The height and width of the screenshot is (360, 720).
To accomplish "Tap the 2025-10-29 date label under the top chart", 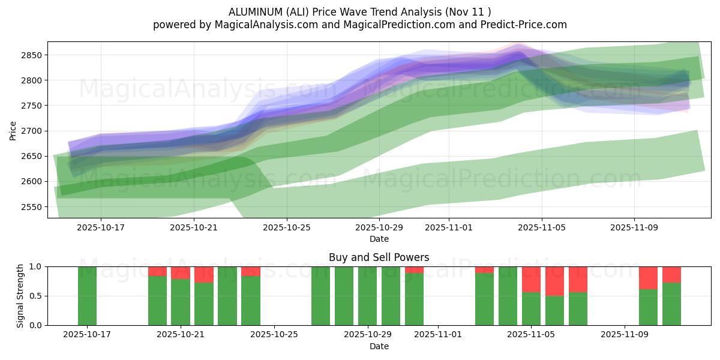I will coord(379,227).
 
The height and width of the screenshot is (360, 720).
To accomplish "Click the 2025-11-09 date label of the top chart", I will coord(635,227).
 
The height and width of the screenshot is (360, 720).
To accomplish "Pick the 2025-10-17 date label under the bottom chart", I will coord(87,335).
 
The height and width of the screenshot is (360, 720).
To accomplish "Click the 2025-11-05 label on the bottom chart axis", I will coord(531,335).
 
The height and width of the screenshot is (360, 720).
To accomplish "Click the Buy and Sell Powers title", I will coord(379,257).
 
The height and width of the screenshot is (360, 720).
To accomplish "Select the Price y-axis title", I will coord(13,130).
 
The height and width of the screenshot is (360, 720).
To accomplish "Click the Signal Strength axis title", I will coord(20,296).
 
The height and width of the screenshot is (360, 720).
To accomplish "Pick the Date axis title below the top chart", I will coord(379,239).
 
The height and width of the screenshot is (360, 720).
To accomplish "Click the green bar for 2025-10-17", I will coord(87,296).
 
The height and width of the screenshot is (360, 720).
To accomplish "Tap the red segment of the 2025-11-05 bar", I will coord(531,279).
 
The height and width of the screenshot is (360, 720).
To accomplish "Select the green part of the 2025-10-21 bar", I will coord(181,302).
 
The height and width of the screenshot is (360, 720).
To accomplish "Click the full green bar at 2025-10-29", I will coord(367,296).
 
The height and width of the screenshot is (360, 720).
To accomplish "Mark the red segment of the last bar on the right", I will coord(671,274).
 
